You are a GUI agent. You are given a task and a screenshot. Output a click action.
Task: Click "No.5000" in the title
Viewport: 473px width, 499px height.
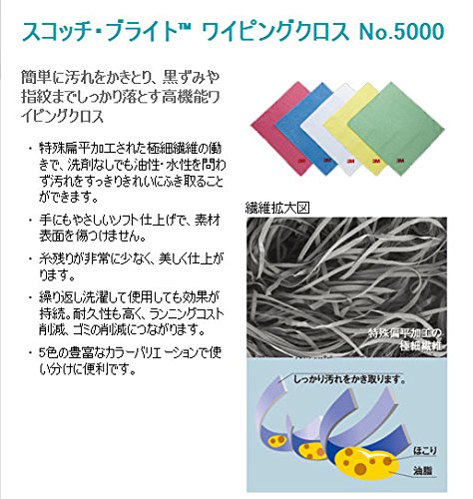(401, 32)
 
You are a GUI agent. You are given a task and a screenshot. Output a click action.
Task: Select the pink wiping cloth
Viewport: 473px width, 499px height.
(279, 127)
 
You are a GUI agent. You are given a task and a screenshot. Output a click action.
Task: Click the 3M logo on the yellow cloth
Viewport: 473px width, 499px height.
(377, 161)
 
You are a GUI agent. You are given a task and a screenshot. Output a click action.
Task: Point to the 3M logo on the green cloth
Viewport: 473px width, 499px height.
(400, 161)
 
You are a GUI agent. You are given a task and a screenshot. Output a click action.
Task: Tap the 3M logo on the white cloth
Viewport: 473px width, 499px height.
(350, 161)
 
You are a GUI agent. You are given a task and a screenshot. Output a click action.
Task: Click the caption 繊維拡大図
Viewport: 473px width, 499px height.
(277, 209)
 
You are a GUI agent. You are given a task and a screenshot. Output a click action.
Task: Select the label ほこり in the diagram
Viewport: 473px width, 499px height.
(425, 451)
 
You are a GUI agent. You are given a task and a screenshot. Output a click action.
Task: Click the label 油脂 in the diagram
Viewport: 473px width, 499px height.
(423, 471)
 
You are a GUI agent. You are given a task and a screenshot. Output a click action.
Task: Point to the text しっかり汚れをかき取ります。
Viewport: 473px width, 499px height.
(349, 378)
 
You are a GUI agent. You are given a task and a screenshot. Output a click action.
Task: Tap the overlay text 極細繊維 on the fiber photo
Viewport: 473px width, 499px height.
(421, 346)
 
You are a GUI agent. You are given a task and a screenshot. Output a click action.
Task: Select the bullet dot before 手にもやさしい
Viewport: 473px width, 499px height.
(31, 221)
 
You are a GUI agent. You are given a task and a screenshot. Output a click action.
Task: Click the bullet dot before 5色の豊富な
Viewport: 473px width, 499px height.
(31, 352)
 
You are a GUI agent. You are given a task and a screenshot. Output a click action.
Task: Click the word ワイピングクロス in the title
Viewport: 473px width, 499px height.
(275, 32)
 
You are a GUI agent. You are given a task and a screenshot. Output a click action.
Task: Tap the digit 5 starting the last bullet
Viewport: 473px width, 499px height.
(42, 352)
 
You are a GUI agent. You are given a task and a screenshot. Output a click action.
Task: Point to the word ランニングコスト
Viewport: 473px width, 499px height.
(187, 313)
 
